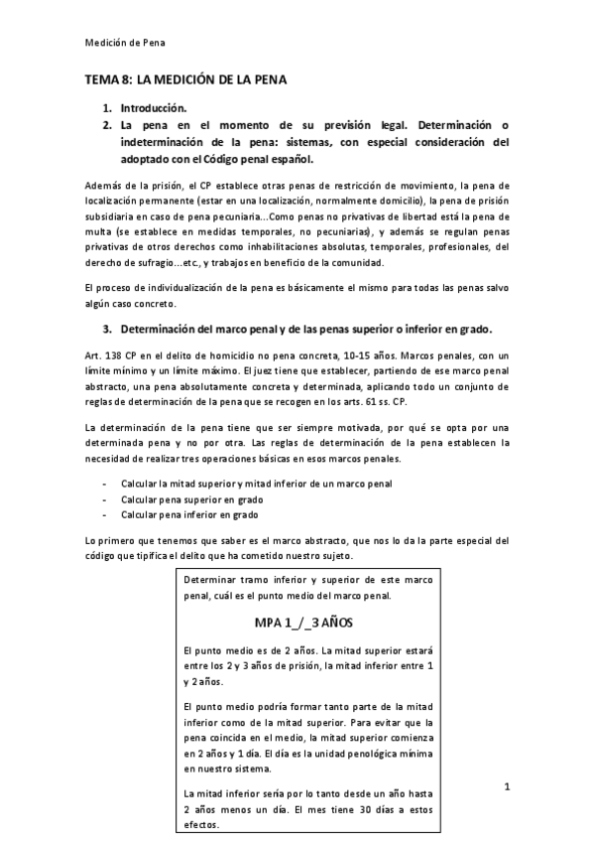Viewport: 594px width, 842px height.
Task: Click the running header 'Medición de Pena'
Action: tap(124, 43)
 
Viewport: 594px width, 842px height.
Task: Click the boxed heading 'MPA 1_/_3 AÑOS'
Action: tap(298, 623)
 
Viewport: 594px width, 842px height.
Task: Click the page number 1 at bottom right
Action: tap(507, 787)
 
